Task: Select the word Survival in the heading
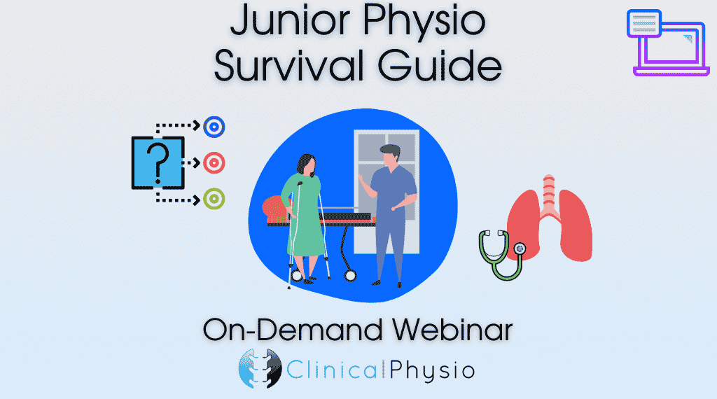[289, 64]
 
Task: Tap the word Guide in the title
[440, 64]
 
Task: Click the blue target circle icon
[214, 127]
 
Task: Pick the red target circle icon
[214, 162]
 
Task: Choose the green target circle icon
[214, 199]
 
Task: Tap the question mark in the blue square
[158, 162]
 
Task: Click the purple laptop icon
[667, 43]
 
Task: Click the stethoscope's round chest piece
[520, 249]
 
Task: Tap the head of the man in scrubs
[390, 156]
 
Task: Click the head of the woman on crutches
[307, 165]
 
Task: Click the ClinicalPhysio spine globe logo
[260, 368]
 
